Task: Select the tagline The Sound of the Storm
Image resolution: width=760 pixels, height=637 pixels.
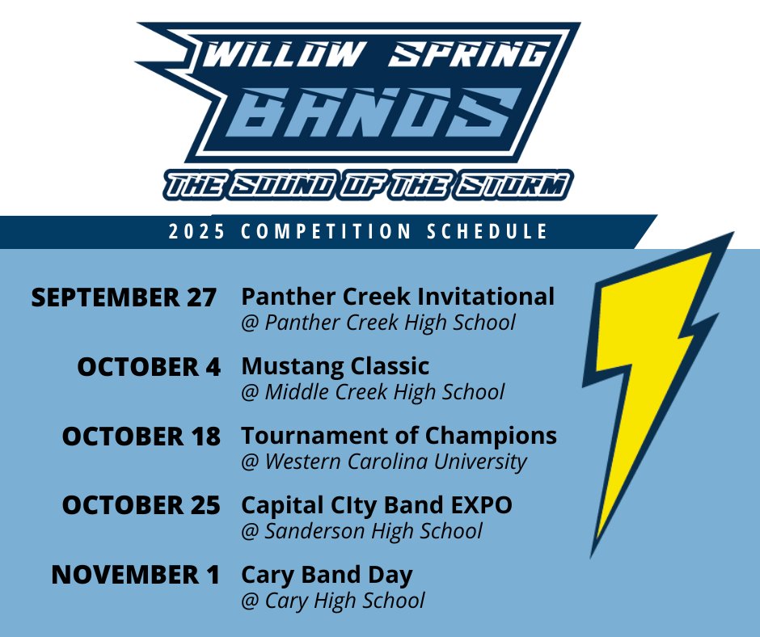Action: coord(368,186)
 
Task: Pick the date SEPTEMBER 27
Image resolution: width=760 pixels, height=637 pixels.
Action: coord(124,297)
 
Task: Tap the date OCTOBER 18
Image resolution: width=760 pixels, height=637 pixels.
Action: coord(141,437)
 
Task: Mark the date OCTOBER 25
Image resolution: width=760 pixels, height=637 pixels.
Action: coord(141,506)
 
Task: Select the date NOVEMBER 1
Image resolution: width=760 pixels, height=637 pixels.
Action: coord(135,576)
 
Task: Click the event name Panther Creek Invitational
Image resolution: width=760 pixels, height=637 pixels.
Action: coord(398,297)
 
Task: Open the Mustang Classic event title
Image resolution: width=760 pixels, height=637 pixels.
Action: coord(335,366)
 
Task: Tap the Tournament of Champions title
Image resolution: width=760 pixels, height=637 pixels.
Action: coord(399,436)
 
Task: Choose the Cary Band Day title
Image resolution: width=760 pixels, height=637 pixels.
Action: coord(327,575)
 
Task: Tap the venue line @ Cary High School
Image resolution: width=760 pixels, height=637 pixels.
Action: coord(333,601)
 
